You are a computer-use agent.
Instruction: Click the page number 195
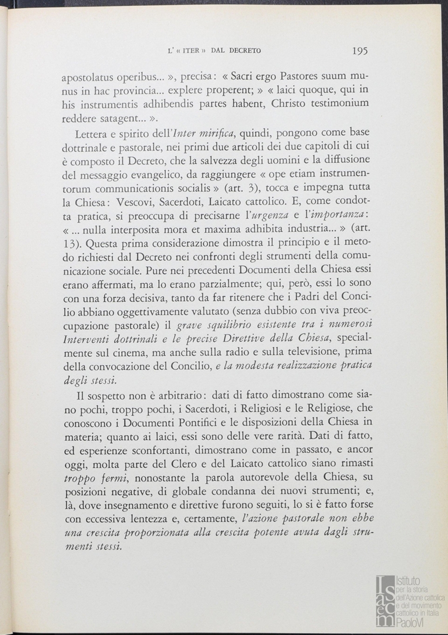click(x=360, y=51)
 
